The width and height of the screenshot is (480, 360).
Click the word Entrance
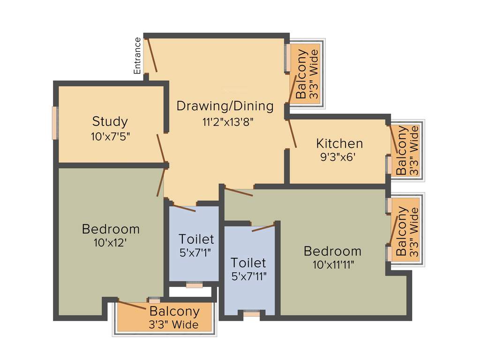(137, 56)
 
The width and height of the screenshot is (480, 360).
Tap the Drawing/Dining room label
(225, 106)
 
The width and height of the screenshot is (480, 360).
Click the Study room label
(110, 122)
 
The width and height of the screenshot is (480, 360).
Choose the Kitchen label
(339, 143)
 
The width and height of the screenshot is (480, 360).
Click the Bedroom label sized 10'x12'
(111, 229)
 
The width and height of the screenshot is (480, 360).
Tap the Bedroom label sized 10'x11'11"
(332, 251)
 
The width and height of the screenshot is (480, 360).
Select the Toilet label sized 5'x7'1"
(196, 239)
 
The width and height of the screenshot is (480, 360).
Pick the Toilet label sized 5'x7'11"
(248, 262)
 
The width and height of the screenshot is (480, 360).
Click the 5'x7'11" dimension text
(248, 277)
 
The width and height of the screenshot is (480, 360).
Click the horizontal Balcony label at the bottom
(174, 311)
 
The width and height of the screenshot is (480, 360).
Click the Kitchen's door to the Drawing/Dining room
(292, 134)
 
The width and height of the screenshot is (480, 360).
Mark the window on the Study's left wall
(54, 123)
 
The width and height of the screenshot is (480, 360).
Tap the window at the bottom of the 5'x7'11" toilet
(252, 313)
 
